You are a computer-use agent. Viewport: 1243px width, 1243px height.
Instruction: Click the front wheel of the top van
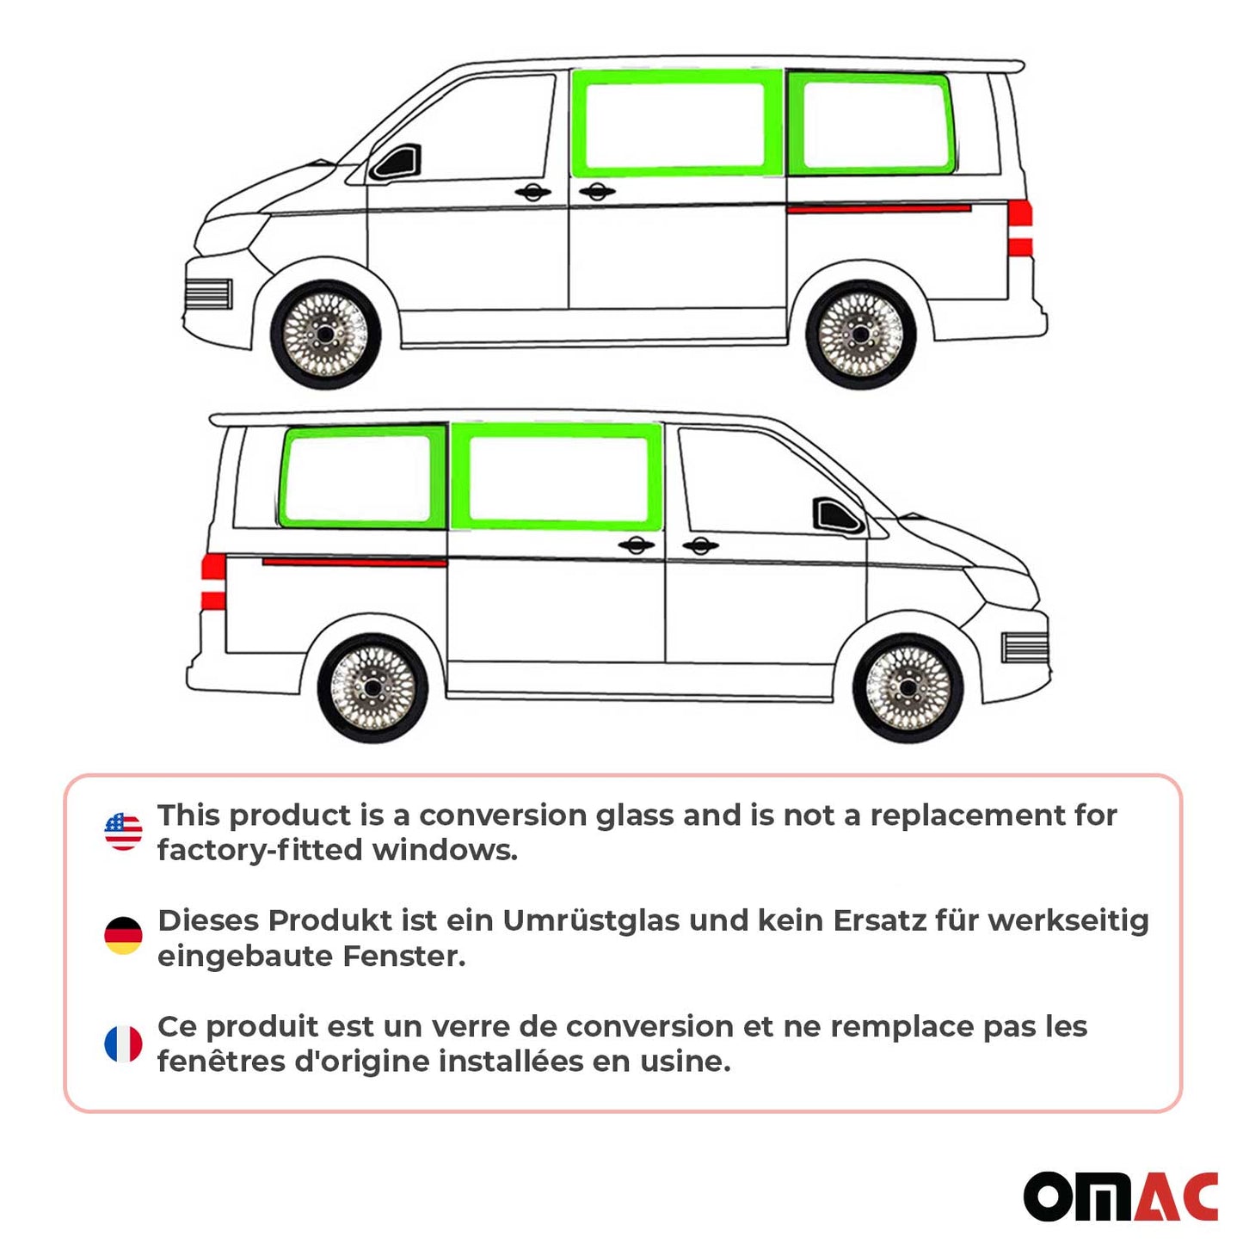[x=325, y=334]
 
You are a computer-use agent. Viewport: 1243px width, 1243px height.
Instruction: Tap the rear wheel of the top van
[x=860, y=334]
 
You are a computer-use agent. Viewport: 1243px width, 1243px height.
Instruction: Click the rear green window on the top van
[x=871, y=124]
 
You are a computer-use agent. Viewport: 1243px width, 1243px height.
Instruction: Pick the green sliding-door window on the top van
[x=674, y=123]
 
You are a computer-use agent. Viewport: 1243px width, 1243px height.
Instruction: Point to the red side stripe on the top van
[x=878, y=209]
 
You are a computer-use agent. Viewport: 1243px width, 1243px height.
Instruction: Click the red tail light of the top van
[x=1020, y=228]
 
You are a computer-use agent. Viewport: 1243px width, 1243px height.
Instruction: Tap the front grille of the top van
[x=208, y=294]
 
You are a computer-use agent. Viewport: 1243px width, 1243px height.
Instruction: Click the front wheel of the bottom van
[x=908, y=688]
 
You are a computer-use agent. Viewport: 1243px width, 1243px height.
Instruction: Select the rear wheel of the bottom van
[x=372, y=688]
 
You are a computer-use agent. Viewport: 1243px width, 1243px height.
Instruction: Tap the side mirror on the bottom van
[x=836, y=515]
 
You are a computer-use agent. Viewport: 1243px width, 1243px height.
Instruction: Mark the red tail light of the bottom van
[x=213, y=582]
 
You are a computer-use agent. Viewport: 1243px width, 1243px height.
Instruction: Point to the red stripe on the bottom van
[x=354, y=563]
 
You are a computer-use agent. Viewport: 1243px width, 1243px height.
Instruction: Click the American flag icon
[x=123, y=832]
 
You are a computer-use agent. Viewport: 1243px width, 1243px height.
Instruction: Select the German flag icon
[x=123, y=936]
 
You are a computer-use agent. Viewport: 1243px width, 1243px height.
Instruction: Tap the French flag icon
[x=123, y=1043]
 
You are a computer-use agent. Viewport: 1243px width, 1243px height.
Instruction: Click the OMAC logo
[x=1120, y=1196]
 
